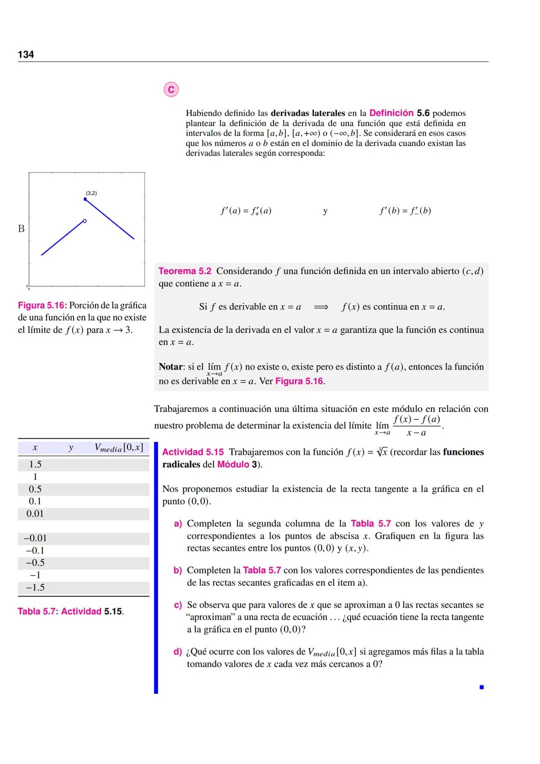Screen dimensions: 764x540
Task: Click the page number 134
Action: coord(26,55)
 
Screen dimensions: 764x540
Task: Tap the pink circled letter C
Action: coord(171,90)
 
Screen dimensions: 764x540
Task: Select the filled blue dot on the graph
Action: coord(85,199)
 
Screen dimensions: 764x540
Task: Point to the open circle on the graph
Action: coord(85,221)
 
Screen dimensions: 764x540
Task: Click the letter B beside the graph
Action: coord(21,229)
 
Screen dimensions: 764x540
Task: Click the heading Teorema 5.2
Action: coord(185,271)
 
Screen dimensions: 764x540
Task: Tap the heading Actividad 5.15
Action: coord(193,452)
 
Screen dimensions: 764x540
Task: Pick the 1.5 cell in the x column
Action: coord(35,464)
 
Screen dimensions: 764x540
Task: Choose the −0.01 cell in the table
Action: coord(35,538)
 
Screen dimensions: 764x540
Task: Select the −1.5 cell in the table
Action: coord(35,587)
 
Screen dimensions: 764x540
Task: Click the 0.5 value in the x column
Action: coord(35,489)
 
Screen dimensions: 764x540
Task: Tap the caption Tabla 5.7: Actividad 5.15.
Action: coord(70,611)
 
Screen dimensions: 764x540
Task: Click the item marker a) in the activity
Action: coord(177,524)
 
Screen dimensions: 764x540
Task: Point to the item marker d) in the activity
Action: coord(177,652)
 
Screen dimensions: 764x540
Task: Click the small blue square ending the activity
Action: coord(481,687)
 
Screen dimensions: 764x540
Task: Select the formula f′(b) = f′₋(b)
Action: coord(405,211)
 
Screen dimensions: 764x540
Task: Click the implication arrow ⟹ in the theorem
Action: coord(320,307)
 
